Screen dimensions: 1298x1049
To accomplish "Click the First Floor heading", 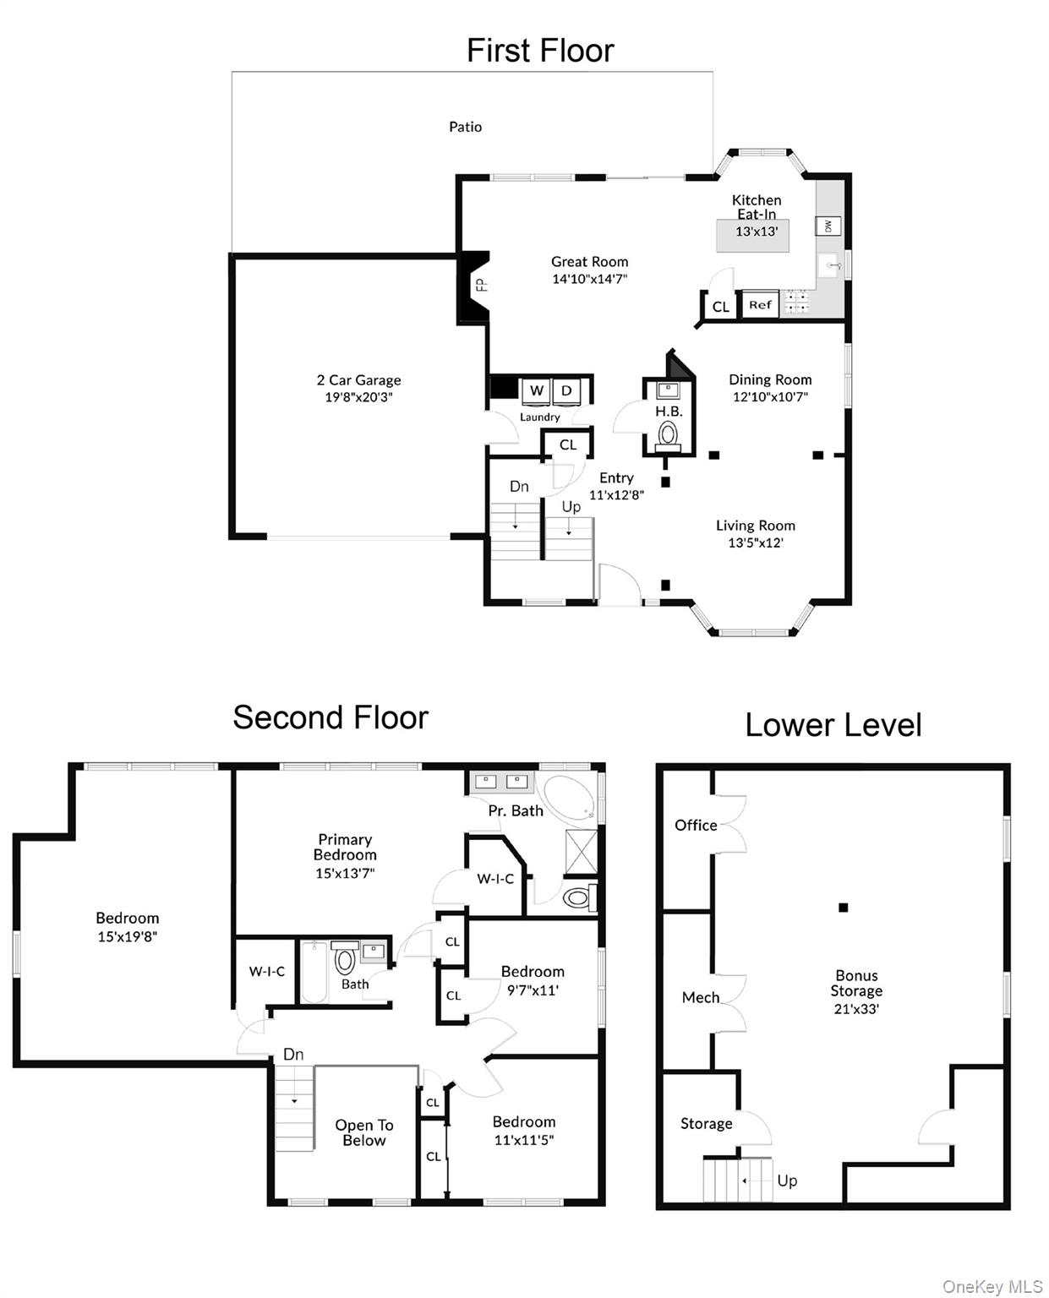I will (x=540, y=51).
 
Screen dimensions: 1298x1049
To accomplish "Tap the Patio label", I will (x=465, y=127).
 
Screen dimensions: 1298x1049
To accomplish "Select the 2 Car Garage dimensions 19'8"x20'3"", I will (x=358, y=397).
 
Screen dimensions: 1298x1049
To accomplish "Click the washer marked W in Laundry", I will (x=536, y=391).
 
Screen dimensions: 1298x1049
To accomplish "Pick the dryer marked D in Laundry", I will (x=566, y=391).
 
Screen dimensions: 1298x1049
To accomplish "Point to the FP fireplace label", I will (x=481, y=286).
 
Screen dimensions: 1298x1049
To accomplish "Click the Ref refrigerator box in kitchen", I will (x=760, y=305).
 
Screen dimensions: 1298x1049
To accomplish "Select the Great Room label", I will (x=589, y=262).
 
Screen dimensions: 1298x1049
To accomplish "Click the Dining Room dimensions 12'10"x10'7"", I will (x=770, y=396).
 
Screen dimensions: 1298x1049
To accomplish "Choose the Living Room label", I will (x=755, y=526).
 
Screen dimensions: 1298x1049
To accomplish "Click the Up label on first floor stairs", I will (x=571, y=507).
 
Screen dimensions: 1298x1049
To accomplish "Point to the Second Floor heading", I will (x=331, y=717).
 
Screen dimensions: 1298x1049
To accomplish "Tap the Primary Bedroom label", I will (x=345, y=847).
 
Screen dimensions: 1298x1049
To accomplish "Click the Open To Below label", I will (x=364, y=1132).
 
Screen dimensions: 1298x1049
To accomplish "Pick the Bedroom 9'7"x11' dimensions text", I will (x=533, y=990).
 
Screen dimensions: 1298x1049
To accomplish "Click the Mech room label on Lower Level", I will (x=701, y=998).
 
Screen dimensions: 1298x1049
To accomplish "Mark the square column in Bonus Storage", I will (x=843, y=908).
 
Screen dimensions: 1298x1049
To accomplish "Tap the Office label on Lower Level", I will (x=696, y=826).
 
